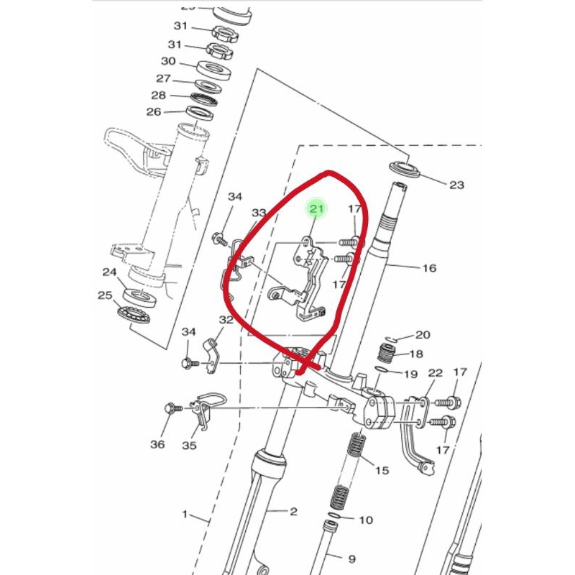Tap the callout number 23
point(456,185)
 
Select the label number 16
point(429,268)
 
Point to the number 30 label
point(168,62)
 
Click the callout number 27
point(164,78)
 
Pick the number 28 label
point(159,96)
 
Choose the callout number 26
point(154,111)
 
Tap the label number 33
point(259,213)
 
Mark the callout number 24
point(109,272)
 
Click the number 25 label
point(105,295)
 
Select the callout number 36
point(157,445)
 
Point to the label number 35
point(188,445)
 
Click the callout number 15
point(382,470)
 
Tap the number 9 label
point(351,558)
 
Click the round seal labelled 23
point(406,170)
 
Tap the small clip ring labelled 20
point(390,339)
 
